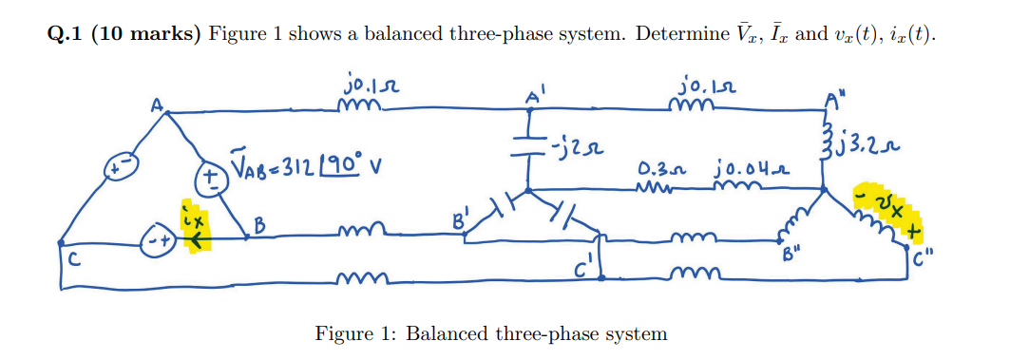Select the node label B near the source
pyautogui.click(x=258, y=228)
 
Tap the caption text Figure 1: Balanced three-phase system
pyautogui.click(x=491, y=334)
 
